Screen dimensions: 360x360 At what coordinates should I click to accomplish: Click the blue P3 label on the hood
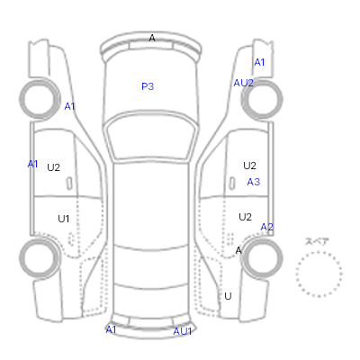[148, 86]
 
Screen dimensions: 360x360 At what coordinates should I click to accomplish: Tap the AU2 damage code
[243, 83]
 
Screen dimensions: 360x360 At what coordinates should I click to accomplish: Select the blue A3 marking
[254, 182]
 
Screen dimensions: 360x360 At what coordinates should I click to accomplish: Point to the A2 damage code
[266, 227]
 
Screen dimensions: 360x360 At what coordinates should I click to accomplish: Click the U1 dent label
[63, 219]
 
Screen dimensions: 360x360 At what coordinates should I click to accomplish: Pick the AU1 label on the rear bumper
[183, 331]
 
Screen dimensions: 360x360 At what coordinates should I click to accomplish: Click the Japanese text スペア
[317, 241]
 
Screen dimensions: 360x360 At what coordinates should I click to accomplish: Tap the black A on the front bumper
[152, 38]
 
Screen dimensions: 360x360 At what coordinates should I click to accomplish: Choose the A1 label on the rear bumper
[111, 329]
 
